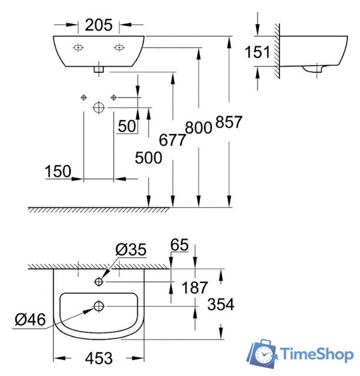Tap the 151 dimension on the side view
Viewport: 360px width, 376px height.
[x=257, y=52]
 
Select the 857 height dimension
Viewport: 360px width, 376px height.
[x=229, y=122]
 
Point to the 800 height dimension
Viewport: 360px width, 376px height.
[x=198, y=127]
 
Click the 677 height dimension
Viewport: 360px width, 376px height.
[x=172, y=140]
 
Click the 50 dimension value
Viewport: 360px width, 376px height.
[x=126, y=126]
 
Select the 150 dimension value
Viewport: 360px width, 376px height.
[x=58, y=171]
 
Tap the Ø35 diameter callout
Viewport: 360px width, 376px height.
[x=131, y=250]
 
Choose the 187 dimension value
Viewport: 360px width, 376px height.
[x=195, y=287]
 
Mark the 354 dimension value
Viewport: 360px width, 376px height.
[x=221, y=304]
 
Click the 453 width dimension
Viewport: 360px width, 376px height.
[x=98, y=357]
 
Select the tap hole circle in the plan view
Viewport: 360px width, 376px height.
[x=99, y=283]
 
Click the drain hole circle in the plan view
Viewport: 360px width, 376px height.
[x=99, y=306]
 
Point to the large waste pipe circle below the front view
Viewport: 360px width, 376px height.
[x=99, y=107]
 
